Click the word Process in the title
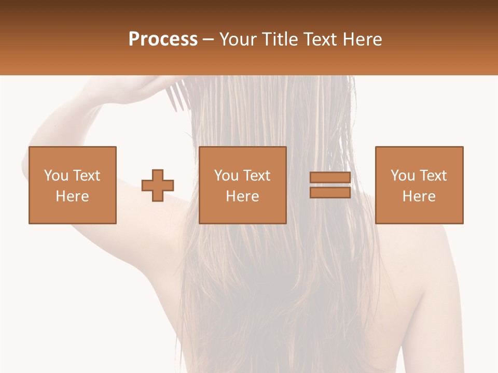click(x=163, y=39)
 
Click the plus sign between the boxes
click(x=158, y=185)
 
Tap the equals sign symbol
click(x=330, y=185)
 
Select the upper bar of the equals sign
click(x=330, y=178)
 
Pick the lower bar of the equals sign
click(x=330, y=192)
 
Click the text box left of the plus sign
click(x=73, y=185)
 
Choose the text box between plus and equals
click(x=243, y=185)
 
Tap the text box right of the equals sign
click(x=419, y=185)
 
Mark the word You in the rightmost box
click(x=403, y=176)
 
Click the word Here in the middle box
click(x=243, y=196)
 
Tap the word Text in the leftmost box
click(x=86, y=176)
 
